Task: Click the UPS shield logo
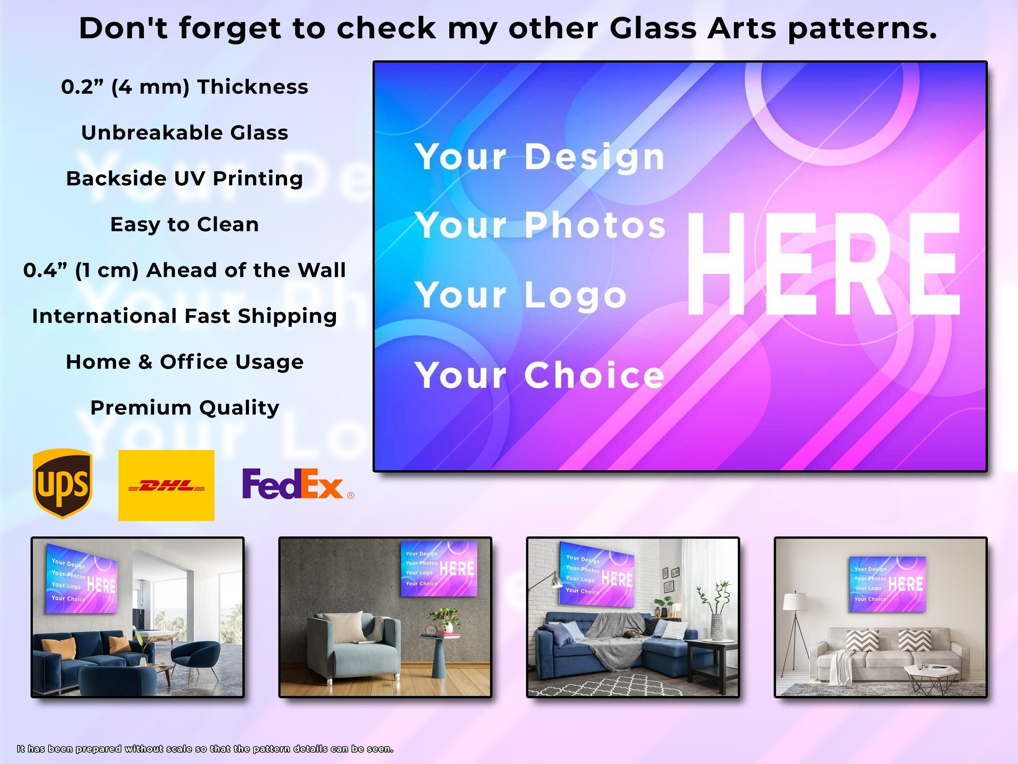(x=63, y=484)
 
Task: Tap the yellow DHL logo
(x=166, y=486)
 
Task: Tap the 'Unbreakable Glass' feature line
(x=184, y=133)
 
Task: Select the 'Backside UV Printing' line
(x=184, y=179)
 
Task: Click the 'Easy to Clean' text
(x=184, y=224)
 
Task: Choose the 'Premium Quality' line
(x=184, y=408)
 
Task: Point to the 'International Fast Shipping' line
(x=184, y=316)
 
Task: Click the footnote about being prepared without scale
(x=205, y=749)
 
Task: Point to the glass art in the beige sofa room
(x=887, y=584)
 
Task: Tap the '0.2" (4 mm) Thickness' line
(x=184, y=87)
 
